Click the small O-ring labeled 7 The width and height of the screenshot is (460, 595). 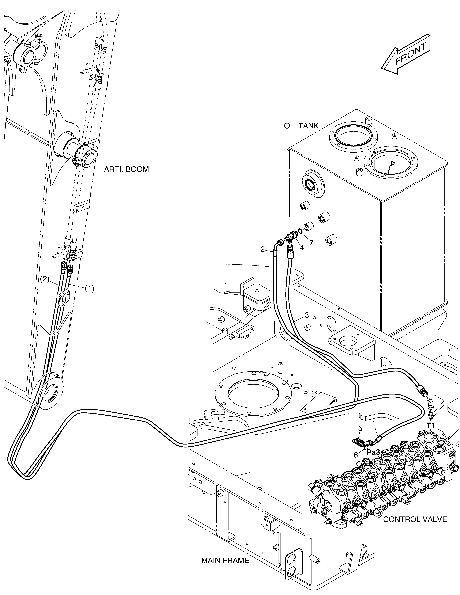point(299,231)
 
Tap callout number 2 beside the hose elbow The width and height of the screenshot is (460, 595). point(262,249)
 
